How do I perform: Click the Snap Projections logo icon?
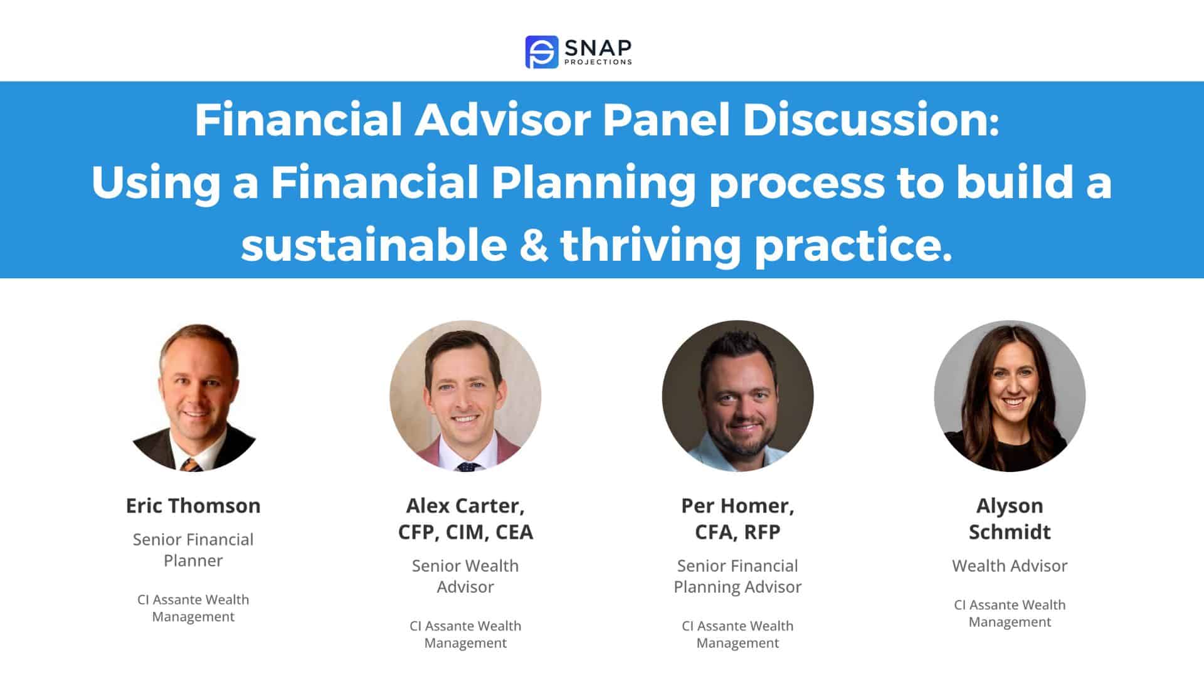pos(541,51)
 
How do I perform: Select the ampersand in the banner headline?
pos(533,245)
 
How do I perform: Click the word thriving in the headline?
pos(650,245)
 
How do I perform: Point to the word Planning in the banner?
pos(593,182)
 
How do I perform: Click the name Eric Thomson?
pos(193,505)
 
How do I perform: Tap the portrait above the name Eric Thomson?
pos(193,396)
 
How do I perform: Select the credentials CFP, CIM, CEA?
pos(465,532)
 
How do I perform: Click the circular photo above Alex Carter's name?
pos(465,396)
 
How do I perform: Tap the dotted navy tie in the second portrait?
pos(468,466)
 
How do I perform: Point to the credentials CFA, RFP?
pos(737,532)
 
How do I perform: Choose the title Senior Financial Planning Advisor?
pos(737,576)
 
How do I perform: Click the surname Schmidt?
pos(1010,532)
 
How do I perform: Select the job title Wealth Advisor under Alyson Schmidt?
pos(1010,565)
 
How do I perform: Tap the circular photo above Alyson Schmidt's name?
pos(1010,396)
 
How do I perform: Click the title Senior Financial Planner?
pos(193,550)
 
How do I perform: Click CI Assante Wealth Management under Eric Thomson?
pos(193,608)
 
